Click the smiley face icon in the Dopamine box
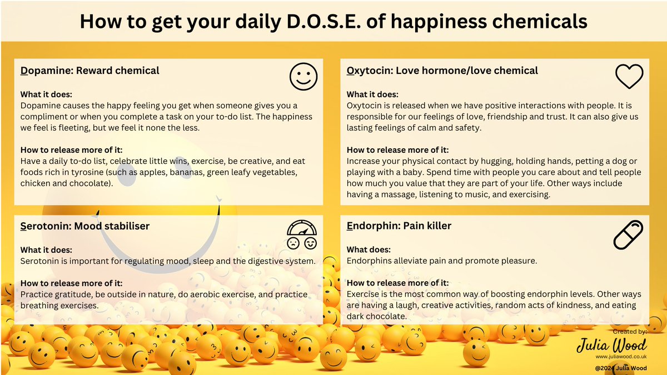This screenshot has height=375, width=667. (x=303, y=77)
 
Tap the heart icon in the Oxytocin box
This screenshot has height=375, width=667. (x=629, y=76)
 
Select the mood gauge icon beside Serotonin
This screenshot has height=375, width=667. (x=301, y=235)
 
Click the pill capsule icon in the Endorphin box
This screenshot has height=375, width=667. (x=628, y=234)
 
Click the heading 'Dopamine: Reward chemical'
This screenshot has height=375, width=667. (x=90, y=71)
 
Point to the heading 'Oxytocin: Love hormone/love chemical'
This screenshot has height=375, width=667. (x=442, y=71)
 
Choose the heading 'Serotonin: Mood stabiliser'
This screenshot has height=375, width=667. (x=85, y=226)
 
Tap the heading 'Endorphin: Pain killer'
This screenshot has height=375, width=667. (x=399, y=226)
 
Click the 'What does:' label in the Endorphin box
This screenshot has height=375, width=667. (x=369, y=249)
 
